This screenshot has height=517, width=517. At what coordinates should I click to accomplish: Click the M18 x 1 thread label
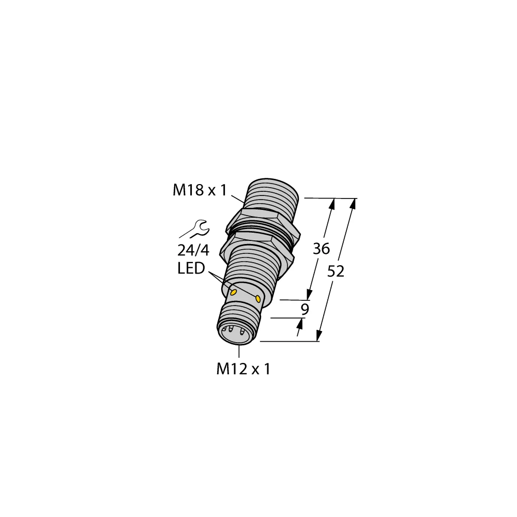pos(200,191)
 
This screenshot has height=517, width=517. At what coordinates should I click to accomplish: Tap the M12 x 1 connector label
pos(243,369)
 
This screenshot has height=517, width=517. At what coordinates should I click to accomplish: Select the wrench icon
pos(194,229)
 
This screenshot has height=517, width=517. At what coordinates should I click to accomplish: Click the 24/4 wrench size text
pos(193,251)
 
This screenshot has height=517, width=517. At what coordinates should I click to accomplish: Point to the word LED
pos(191,269)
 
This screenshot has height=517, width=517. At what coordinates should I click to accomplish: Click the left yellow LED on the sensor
pos(233,293)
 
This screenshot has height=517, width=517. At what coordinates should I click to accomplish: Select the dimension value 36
pos(321,249)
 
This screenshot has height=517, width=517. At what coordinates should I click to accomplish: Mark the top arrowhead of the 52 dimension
pos(354,203)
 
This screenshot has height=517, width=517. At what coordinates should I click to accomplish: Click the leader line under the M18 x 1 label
pos(238,198)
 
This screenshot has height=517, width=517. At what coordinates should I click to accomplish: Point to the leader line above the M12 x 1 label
pos(239,351)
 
